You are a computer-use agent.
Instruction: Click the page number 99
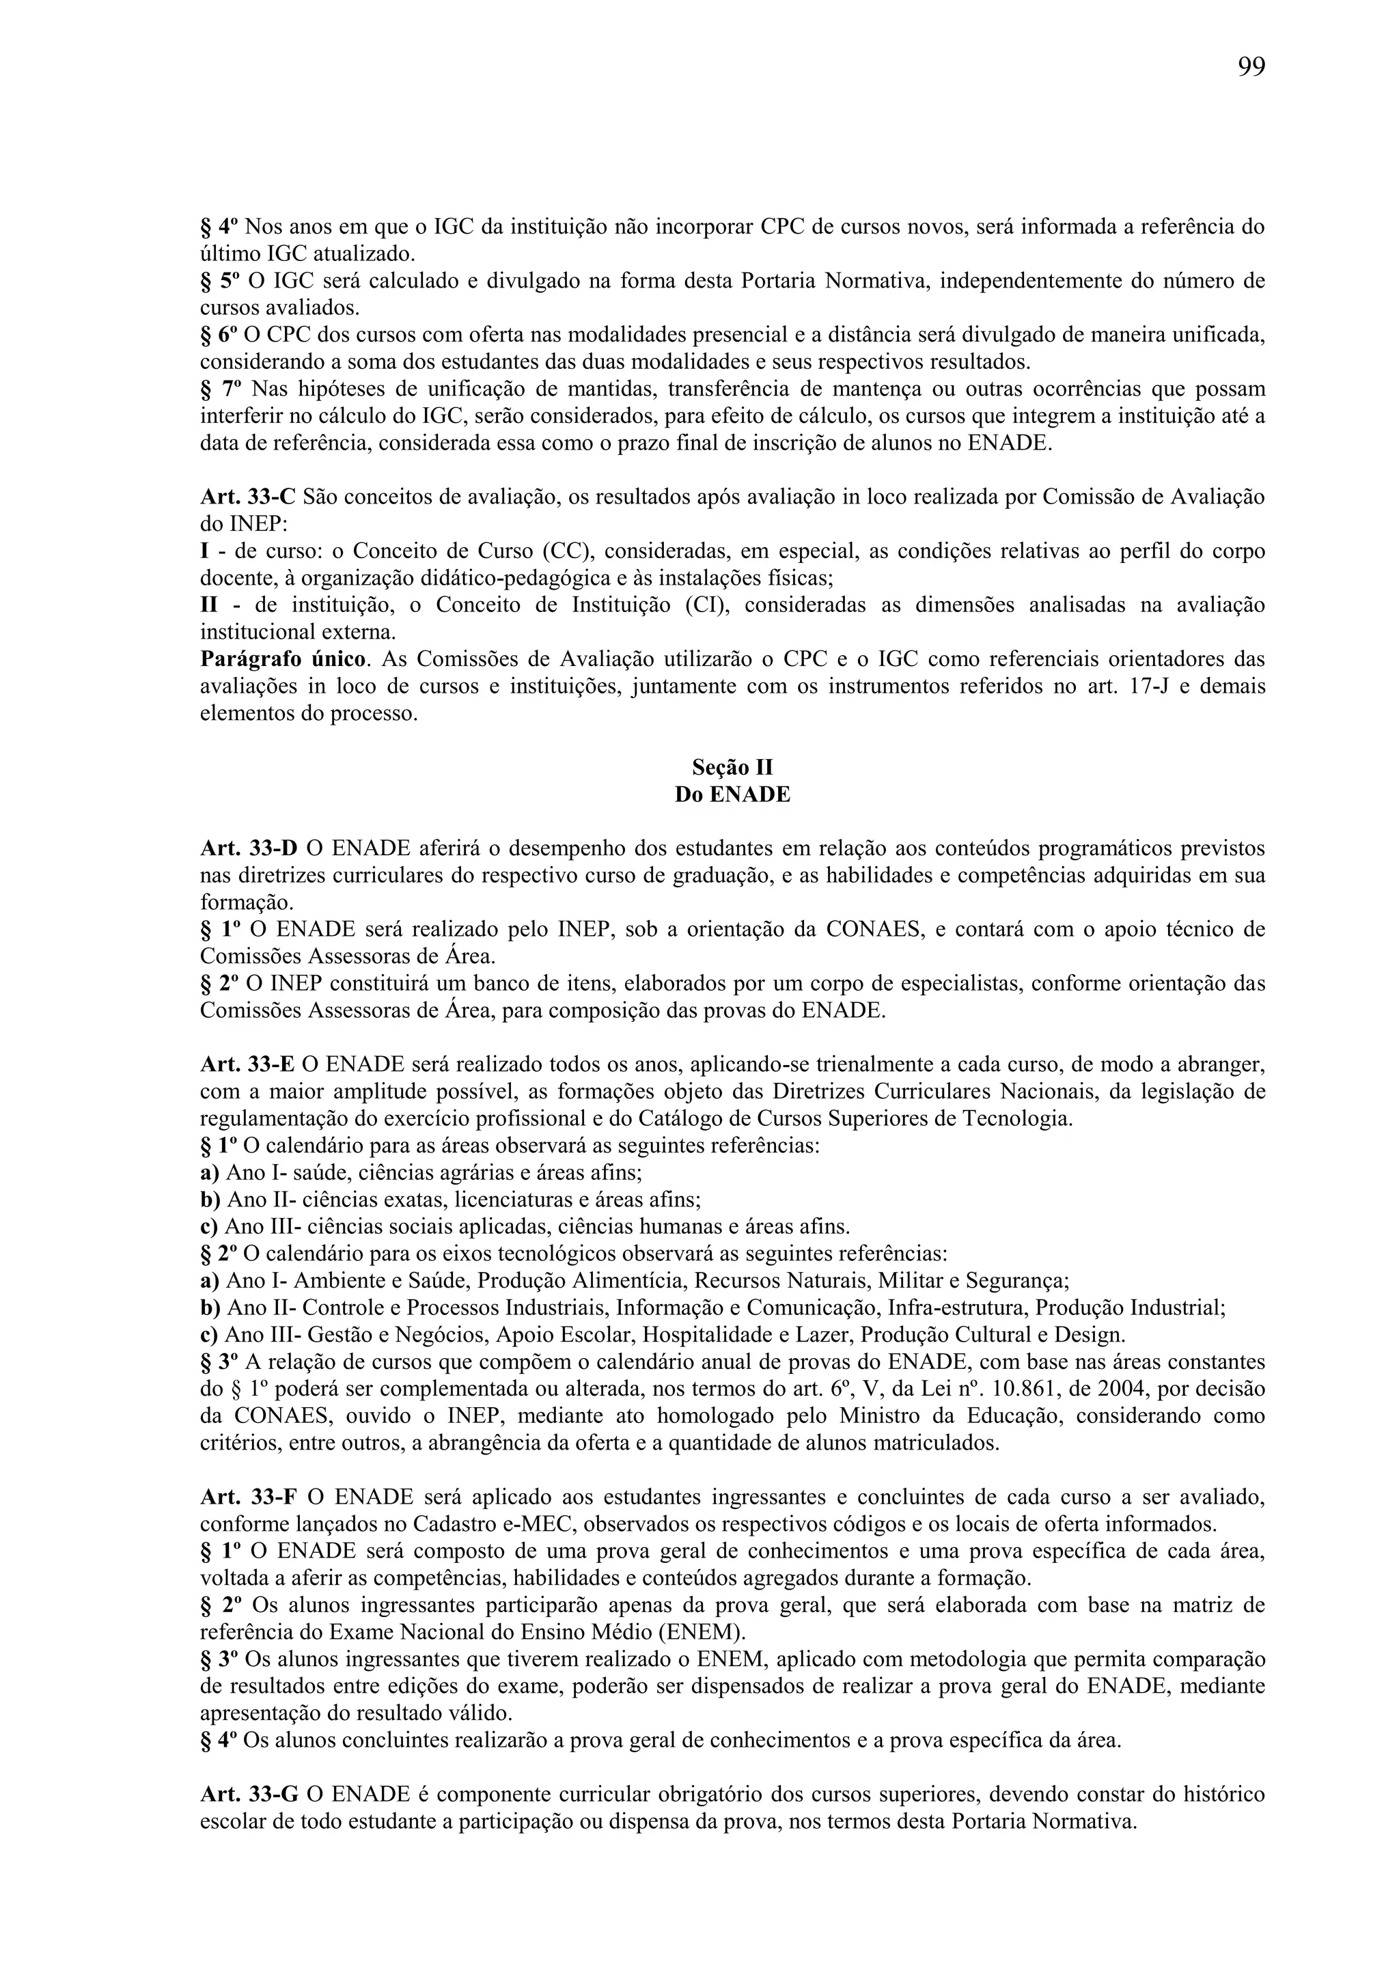pyautogui.click(x=1251, y=67)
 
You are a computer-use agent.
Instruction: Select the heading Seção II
pyautogui.click(x=732, y=767)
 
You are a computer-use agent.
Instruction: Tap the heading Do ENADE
pyautogui.click(x=732, y=794)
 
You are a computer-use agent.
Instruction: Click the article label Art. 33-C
pyautogui.click(x=247, y=497)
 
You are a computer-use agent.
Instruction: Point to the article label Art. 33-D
pyautogui.click(x=248, y=849)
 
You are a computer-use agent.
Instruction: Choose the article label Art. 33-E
pyautogui.click(x=247, y=1066)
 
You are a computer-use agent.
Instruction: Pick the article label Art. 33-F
pyautogui.click(x=247, y=1497)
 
